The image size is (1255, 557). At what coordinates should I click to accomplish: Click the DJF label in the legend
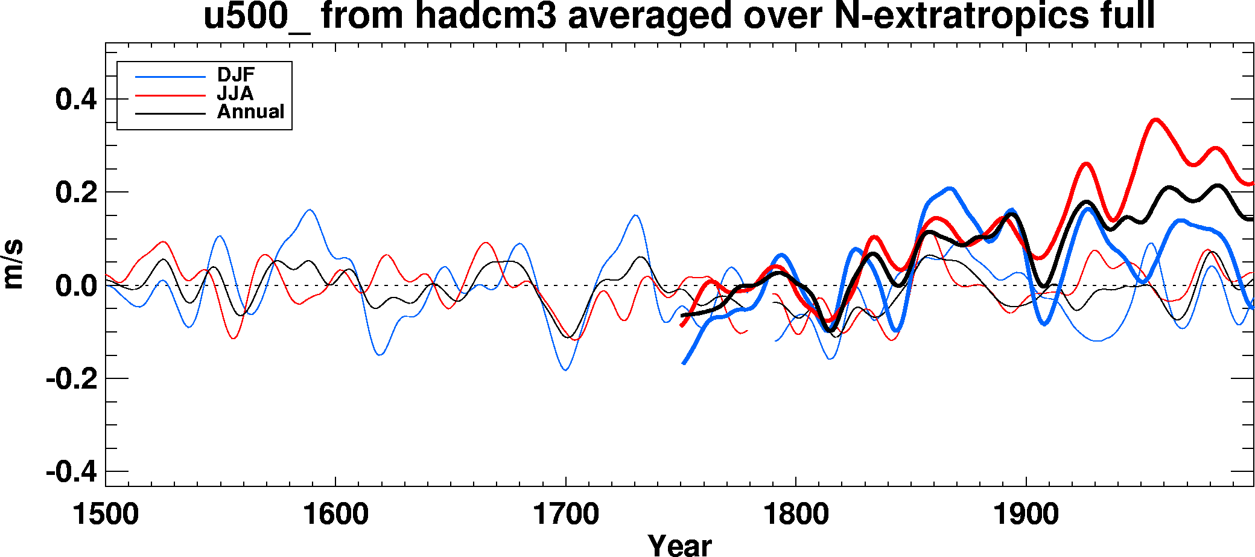[236, 75]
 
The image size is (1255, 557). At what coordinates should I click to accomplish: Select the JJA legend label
[235, 94]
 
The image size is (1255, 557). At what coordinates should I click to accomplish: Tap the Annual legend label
[250, 112]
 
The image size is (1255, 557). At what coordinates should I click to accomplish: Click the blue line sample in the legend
[171, 77]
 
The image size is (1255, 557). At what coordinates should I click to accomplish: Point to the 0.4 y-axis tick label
[76, 99]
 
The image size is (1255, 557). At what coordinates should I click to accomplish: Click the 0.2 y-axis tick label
[76, 193]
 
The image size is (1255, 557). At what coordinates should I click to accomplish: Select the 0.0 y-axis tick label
[76, 285]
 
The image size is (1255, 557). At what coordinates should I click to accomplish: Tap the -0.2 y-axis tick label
[71, 379]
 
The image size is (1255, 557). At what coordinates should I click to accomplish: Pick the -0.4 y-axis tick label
[71, 471]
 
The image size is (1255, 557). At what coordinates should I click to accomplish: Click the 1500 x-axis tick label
[106, 515]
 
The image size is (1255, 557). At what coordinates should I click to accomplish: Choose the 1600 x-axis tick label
[335, 515]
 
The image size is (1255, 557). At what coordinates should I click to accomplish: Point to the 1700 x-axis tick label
[566, 515]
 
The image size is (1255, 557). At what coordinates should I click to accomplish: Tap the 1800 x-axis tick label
[796, 515]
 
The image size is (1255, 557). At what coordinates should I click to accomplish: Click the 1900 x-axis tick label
[1026, 515]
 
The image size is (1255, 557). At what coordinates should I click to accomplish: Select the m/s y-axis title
[13, 264]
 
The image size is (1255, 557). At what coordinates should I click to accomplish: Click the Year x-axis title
[679, 545]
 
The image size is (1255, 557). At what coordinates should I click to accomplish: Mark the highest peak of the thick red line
[1155, 119]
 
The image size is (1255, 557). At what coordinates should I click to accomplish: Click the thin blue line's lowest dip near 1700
[565, 370]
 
